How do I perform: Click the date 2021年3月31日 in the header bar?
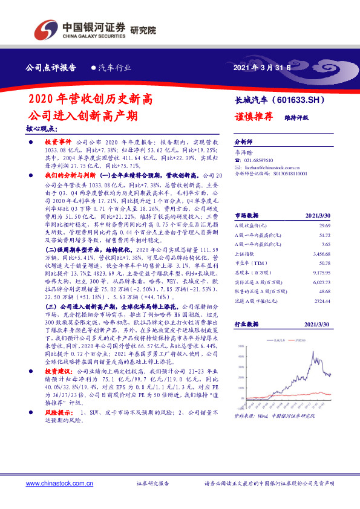[x=262, y=68]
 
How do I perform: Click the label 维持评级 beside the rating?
[x=296, y=117]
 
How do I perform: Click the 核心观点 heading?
[x=41, y=129]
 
